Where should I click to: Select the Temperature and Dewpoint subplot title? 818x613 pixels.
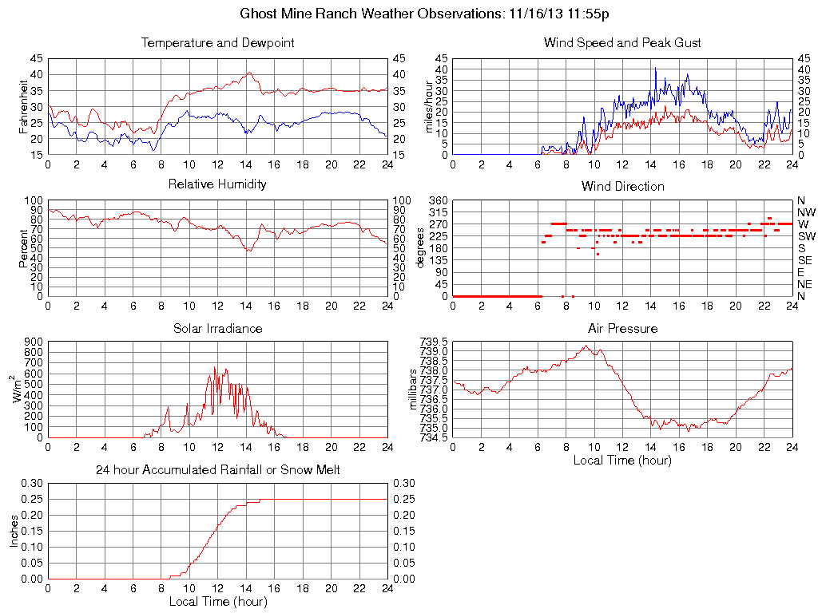[x=217, y=43]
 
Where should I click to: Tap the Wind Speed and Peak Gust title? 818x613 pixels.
[x=622, y=43]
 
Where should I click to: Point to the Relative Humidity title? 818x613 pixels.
[x=217, y=184]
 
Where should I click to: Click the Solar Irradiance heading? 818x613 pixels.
[x=217, y=329]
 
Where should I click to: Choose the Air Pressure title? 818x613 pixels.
[x=622, y=329]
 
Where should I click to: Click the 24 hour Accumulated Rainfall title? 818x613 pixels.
[x=217, y=470]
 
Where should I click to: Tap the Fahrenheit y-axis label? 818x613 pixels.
[x=25, y=106]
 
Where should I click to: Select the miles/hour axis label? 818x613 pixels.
[x=429, y=106]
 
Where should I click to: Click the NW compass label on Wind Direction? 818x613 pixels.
[x=805, y=212]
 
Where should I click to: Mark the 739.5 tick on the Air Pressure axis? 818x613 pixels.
[x=434, y=341]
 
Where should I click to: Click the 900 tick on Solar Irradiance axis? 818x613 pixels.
[x=33, y=342]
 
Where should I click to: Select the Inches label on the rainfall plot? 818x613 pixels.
[x=14, y=531]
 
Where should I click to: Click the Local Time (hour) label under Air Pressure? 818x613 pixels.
[x=622, y=460]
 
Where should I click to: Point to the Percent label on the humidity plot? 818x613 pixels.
[x=25, y=248]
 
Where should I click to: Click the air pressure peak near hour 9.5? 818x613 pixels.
[x=586, y=346]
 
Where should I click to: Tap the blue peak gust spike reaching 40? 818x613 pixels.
[x=655, y=69]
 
